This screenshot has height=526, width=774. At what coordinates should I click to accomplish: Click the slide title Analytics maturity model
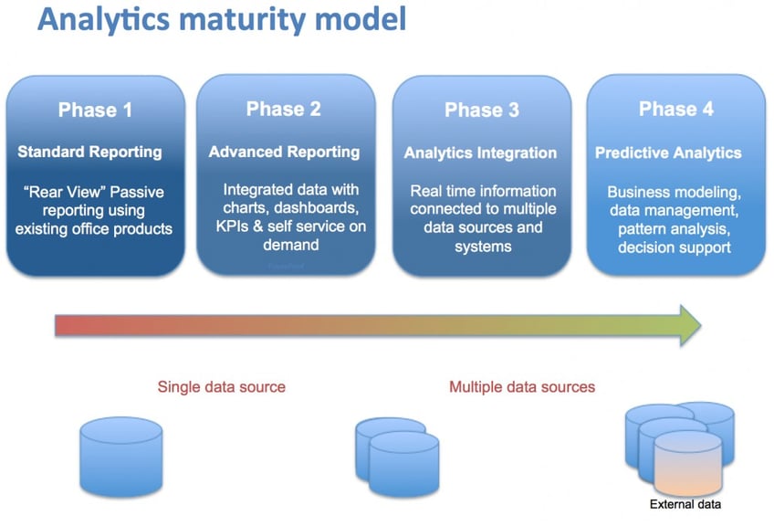tap(222, 21)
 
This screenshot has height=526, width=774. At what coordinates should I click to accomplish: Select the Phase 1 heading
tap(95, 110)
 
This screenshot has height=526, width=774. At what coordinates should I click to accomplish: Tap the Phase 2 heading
tap(284, 110)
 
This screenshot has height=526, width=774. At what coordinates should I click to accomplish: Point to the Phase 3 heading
tap(481, 110)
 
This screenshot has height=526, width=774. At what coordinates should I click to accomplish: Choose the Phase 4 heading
tap(675, 110)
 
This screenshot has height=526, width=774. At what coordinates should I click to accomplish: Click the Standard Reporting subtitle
tap(89, 153)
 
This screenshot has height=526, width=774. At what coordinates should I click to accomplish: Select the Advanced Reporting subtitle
tap(284, 153)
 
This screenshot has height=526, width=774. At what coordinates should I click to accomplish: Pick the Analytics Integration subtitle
tap(480, 153)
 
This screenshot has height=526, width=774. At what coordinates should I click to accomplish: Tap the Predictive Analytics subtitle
tap(668, 153)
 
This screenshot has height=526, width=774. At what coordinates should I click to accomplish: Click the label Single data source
tap(221, 387)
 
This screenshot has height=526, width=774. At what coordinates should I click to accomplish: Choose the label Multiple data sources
tap(521, 387)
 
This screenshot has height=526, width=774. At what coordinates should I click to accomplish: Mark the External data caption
tap(685, 505)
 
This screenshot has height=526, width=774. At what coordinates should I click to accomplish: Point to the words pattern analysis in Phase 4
tap(675, 229)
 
